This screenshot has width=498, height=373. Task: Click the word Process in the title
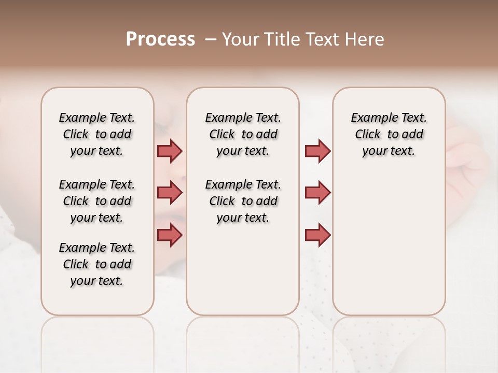pos(160,39)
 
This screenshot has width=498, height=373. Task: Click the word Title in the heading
pos(279,39)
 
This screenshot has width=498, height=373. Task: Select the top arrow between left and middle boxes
pos(170,151)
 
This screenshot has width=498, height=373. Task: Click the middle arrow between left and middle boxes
pos(170,193)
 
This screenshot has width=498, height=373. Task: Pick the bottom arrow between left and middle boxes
pos(170,235)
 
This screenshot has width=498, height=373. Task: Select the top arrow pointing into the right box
pos(317,151)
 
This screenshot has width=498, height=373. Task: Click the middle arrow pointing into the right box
pos(317,193)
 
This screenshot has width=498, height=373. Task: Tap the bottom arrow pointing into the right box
pos(317,235)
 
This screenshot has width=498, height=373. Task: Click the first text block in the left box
pos(97,134)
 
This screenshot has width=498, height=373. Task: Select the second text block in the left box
pos(97,201)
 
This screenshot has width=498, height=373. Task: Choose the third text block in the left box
pos(97,264)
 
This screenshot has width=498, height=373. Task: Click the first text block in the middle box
pos(243,134)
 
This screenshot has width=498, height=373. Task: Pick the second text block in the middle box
pos(243,201)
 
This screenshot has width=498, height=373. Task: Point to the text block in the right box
pos(389,134)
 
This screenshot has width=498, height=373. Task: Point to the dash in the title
pos(210,39)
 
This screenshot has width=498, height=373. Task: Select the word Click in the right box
pos(368,135)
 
